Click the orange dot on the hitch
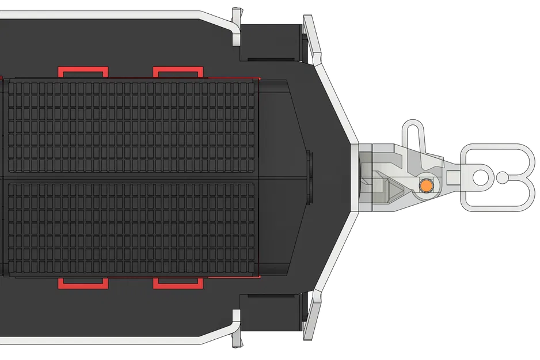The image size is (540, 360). (425, 185)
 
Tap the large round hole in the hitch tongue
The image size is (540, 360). (479, 177)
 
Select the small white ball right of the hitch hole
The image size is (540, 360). (502, 177)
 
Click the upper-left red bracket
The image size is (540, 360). (83, 71)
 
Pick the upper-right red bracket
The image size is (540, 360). (178, 71)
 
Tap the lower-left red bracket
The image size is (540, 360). (83, 283)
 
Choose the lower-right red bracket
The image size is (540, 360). (178, 283)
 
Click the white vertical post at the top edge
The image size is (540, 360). (236, 26)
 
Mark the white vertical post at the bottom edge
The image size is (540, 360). (236, 328)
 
